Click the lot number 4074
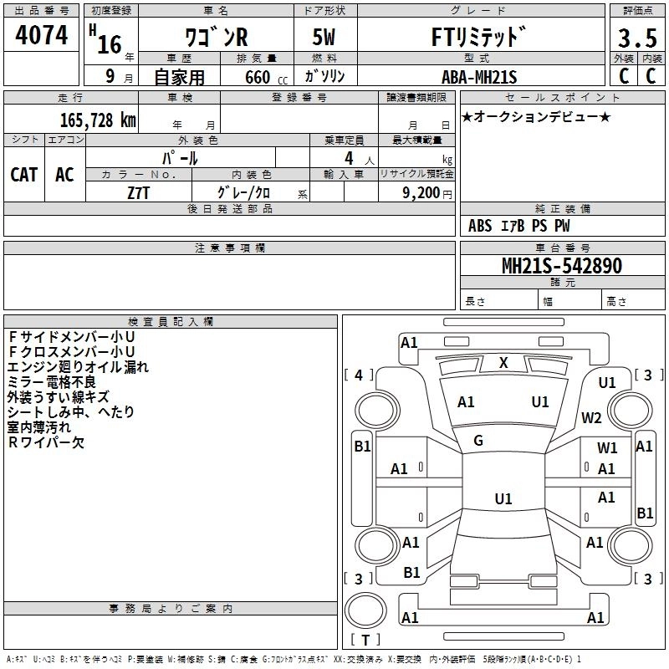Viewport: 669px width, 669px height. [42, 36]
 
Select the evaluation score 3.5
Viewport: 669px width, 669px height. [636, 38]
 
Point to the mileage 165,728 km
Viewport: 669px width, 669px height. [98, 120]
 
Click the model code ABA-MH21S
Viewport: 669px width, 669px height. [479, 78]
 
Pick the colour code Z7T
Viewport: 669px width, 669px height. [138, 192]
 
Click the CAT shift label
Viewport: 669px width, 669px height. [23, 174]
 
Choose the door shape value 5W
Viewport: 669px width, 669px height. [325, 38]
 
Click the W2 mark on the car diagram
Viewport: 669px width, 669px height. [592, 417]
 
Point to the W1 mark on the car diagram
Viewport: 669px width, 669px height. [607, 448]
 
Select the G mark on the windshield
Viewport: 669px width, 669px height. [478, 441]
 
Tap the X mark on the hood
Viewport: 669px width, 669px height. [503, 362]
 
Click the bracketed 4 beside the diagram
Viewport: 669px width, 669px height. [359, 375]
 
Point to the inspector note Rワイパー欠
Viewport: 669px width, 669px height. [46, 443]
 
